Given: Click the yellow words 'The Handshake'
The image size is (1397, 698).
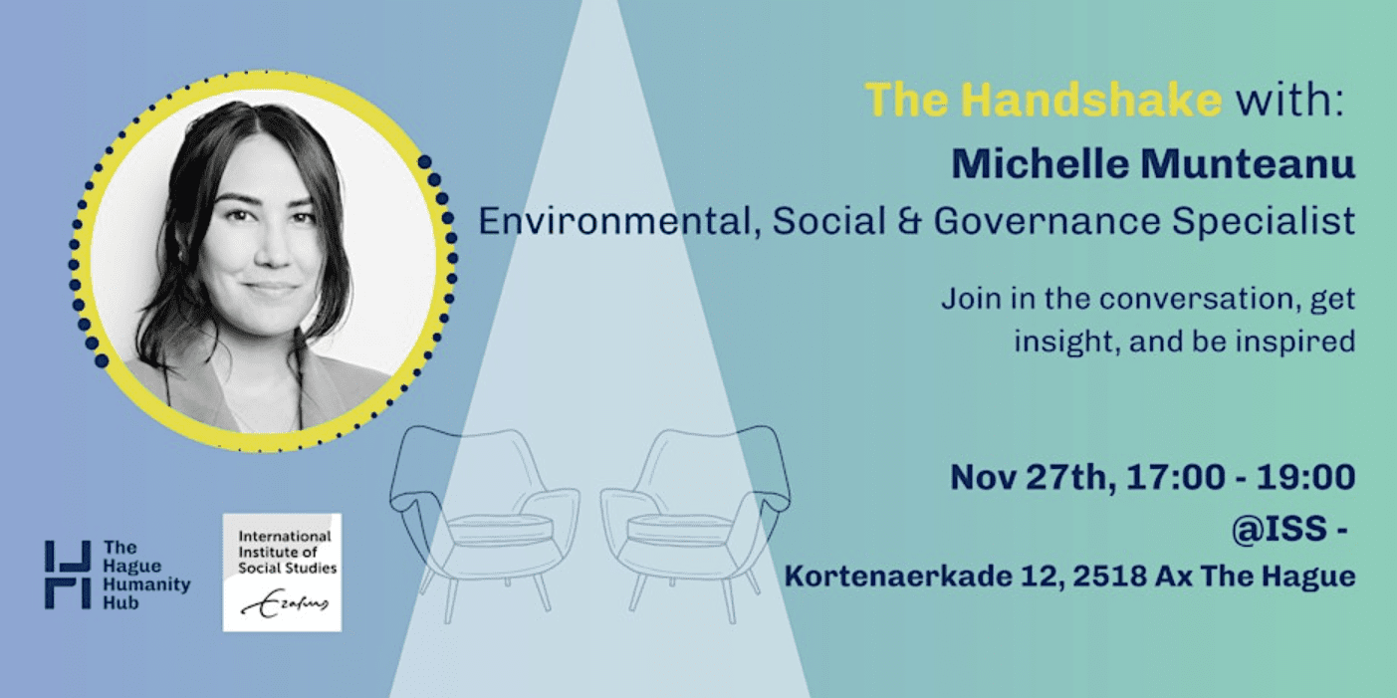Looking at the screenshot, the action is (x=1043, y=100).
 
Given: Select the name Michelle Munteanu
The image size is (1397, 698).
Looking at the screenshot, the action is (x=1153, y=164).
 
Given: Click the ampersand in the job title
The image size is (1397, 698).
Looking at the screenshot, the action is (x=910, y=221).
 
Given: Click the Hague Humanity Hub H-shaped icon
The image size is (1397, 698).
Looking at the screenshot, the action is (x=68, y=575).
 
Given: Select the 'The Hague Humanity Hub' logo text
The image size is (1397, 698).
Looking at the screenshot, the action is (x=146, y=576).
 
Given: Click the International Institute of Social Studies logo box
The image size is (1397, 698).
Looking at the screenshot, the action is (x=282, y=573).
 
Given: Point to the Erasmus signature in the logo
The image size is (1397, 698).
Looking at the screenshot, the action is (x=285, y=603).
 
